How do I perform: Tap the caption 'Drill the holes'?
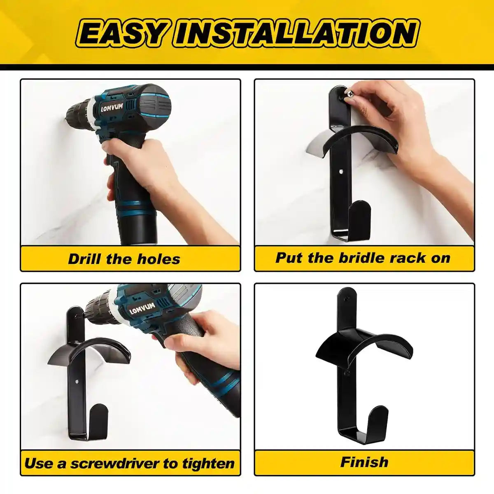point(124,259)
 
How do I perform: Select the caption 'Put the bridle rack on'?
point(363,258)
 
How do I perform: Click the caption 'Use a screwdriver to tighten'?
point(129,463)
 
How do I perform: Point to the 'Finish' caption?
point(364,462)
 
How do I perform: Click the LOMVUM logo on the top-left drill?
point(112,108)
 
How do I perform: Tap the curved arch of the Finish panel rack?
point(364,344)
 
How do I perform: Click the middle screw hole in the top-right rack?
point(341,170)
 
